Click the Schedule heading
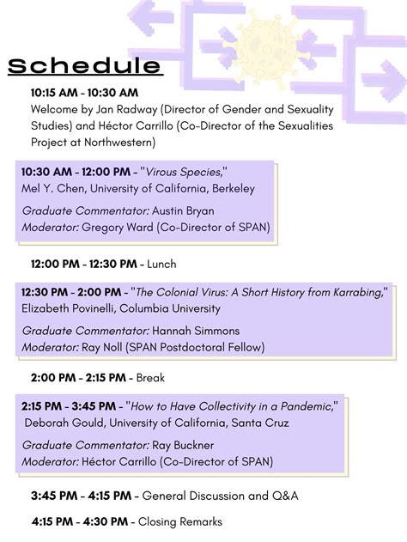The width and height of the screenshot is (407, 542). coord(85,65)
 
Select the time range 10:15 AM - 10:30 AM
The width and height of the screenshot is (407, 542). coord(84,93)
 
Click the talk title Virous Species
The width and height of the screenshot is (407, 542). coord(184,172)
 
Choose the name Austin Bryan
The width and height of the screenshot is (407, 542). coord(183,210)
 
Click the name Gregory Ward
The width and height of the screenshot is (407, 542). coord(117,228)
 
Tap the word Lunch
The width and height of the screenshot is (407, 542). coord(161,264)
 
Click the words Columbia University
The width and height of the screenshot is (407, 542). coord(170,308)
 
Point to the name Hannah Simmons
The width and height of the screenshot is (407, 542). coord(196,331)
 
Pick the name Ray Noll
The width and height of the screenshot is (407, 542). coord(102,347)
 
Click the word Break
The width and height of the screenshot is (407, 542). coord(150,377)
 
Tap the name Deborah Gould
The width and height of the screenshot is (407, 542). coord(64,423)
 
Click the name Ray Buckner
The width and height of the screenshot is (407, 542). coord(183,445)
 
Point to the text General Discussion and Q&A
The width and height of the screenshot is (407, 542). coord(220,496)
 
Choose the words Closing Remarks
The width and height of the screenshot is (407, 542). coord(180,521)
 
